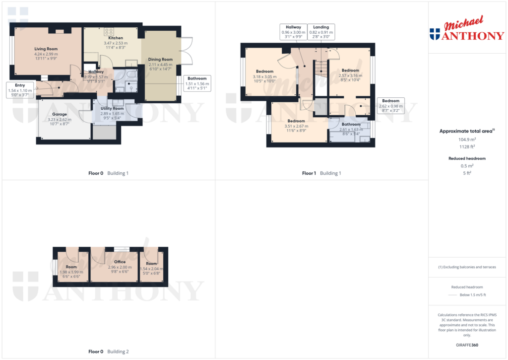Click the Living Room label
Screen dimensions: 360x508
coord(46,49)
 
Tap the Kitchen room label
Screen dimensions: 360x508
coord(115,38)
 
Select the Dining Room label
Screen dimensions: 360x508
coord(160,59)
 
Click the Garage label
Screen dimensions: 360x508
coord(60,114)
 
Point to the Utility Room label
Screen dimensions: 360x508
coord(112,108)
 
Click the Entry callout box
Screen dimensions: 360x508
coord(20,90)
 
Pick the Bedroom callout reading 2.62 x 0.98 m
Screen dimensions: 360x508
coord(390,106)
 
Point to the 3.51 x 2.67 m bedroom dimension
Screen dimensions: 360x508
coord(296,126)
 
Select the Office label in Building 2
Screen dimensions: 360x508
coord(120,262)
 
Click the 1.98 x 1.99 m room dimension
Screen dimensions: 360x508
coord(71,272)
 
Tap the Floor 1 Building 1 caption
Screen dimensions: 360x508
coord(321,173)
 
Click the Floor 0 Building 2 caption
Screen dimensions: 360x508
coord(108,352)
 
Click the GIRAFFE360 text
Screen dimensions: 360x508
coord(468,345)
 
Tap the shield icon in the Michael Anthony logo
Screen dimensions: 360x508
coord(435,34)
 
